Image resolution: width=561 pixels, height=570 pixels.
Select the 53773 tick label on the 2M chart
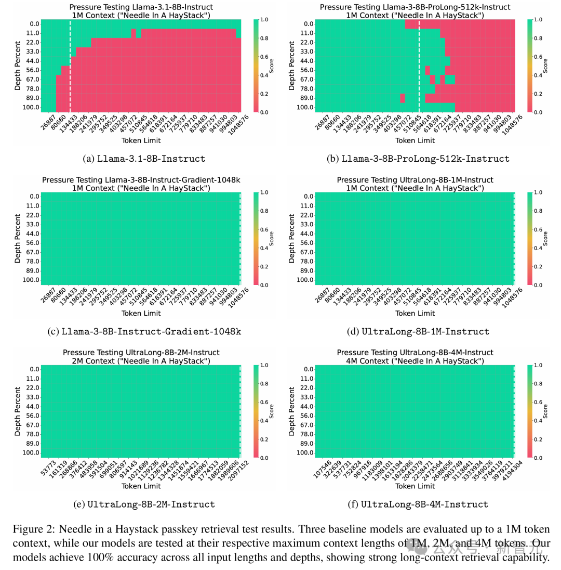(46, 469)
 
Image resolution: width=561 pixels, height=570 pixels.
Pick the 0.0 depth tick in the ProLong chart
(307, 24)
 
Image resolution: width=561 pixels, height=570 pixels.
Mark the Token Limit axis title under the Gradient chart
(141, 313)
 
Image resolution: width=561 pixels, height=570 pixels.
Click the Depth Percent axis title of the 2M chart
(18, 411)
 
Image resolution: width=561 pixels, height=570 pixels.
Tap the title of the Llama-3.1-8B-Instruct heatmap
(141, 11)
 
